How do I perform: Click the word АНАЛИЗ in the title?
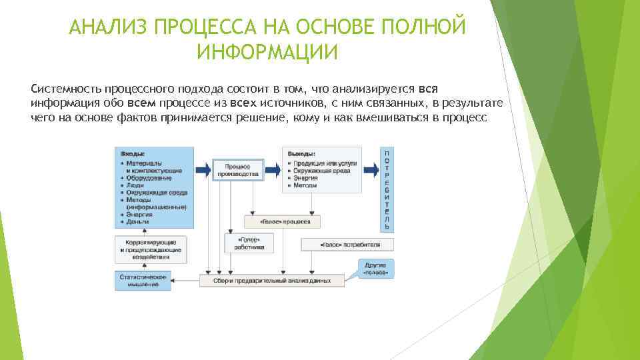109,28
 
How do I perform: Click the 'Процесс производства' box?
238,169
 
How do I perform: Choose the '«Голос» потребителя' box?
347,244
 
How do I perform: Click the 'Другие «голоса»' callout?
375,269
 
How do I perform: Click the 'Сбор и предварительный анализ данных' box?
273,281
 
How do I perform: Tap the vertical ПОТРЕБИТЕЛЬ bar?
387,189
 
